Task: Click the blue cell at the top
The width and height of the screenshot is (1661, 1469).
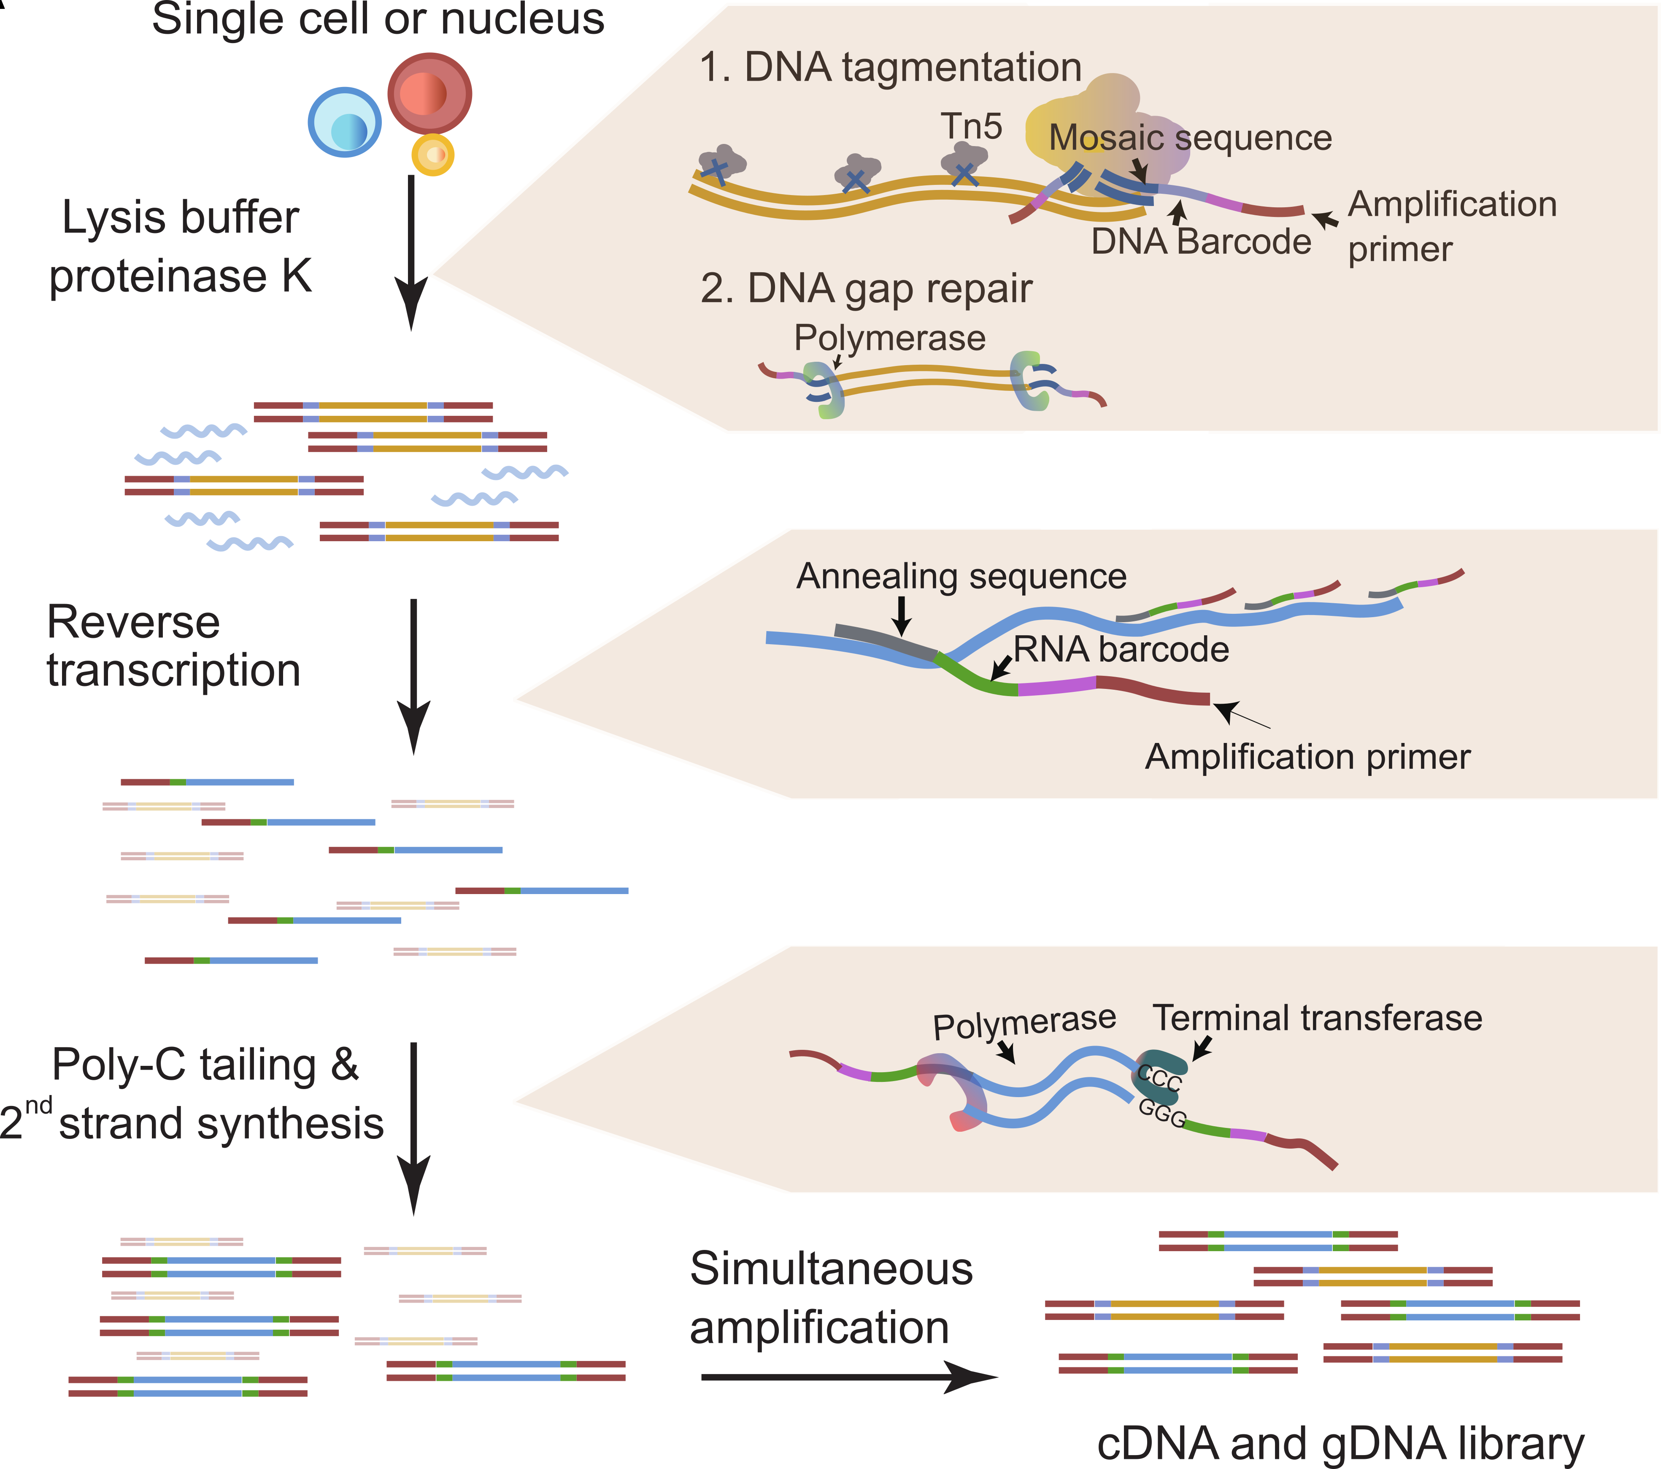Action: pos(345,123)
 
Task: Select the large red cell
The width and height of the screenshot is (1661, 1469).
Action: pos(429,93)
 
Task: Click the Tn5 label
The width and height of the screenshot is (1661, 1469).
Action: pos(971,127)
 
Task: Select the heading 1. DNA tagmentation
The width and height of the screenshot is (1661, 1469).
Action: pos(890,68)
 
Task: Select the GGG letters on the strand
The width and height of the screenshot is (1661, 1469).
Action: pos(1162,1112)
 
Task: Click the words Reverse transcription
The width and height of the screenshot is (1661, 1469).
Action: pos(173,646)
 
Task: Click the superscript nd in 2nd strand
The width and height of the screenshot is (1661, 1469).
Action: pos(38,1106)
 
